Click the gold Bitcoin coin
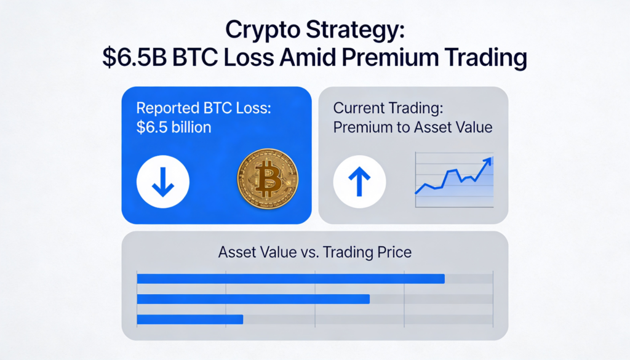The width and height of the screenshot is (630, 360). [268, 179]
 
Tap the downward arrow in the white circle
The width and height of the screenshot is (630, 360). [162, 182]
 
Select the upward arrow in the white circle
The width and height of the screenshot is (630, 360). [359, 182]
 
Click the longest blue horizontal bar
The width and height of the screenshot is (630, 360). [291, 279]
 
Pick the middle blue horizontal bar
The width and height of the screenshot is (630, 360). [253, 299]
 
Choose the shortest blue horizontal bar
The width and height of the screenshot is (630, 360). [190, 319]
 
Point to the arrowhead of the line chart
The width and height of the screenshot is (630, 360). [487, 161]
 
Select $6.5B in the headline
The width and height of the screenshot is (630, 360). [134, 57]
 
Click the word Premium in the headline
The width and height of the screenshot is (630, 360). [389, 57]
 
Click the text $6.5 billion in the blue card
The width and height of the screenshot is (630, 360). [173, 127]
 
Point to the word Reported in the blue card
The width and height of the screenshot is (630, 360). [167, 108]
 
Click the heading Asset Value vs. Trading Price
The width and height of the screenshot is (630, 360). [315, 252]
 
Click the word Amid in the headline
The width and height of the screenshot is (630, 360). [308, 57]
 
